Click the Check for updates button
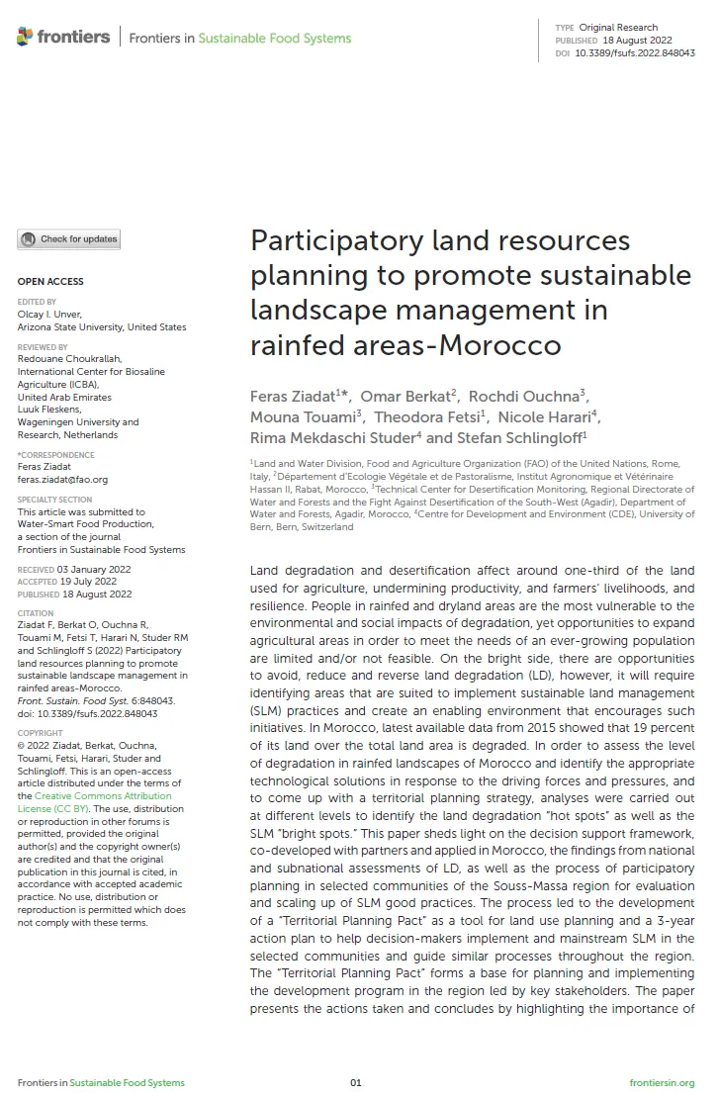pos(68,239)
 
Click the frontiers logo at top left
pos(63,38)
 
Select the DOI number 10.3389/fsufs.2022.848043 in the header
pos(634,52)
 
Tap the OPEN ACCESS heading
pos(50,282)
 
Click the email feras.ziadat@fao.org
pos(62,480)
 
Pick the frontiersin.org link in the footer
pos(662,1082)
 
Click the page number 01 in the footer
pos(356,1082)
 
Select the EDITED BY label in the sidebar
pos(37,302)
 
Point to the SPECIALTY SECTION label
pos(54,500)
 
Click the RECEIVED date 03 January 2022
pos(94,570)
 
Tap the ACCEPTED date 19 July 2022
pos(89,582)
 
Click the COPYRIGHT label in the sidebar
pos(41,733)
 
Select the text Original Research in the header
pos(618,28)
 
